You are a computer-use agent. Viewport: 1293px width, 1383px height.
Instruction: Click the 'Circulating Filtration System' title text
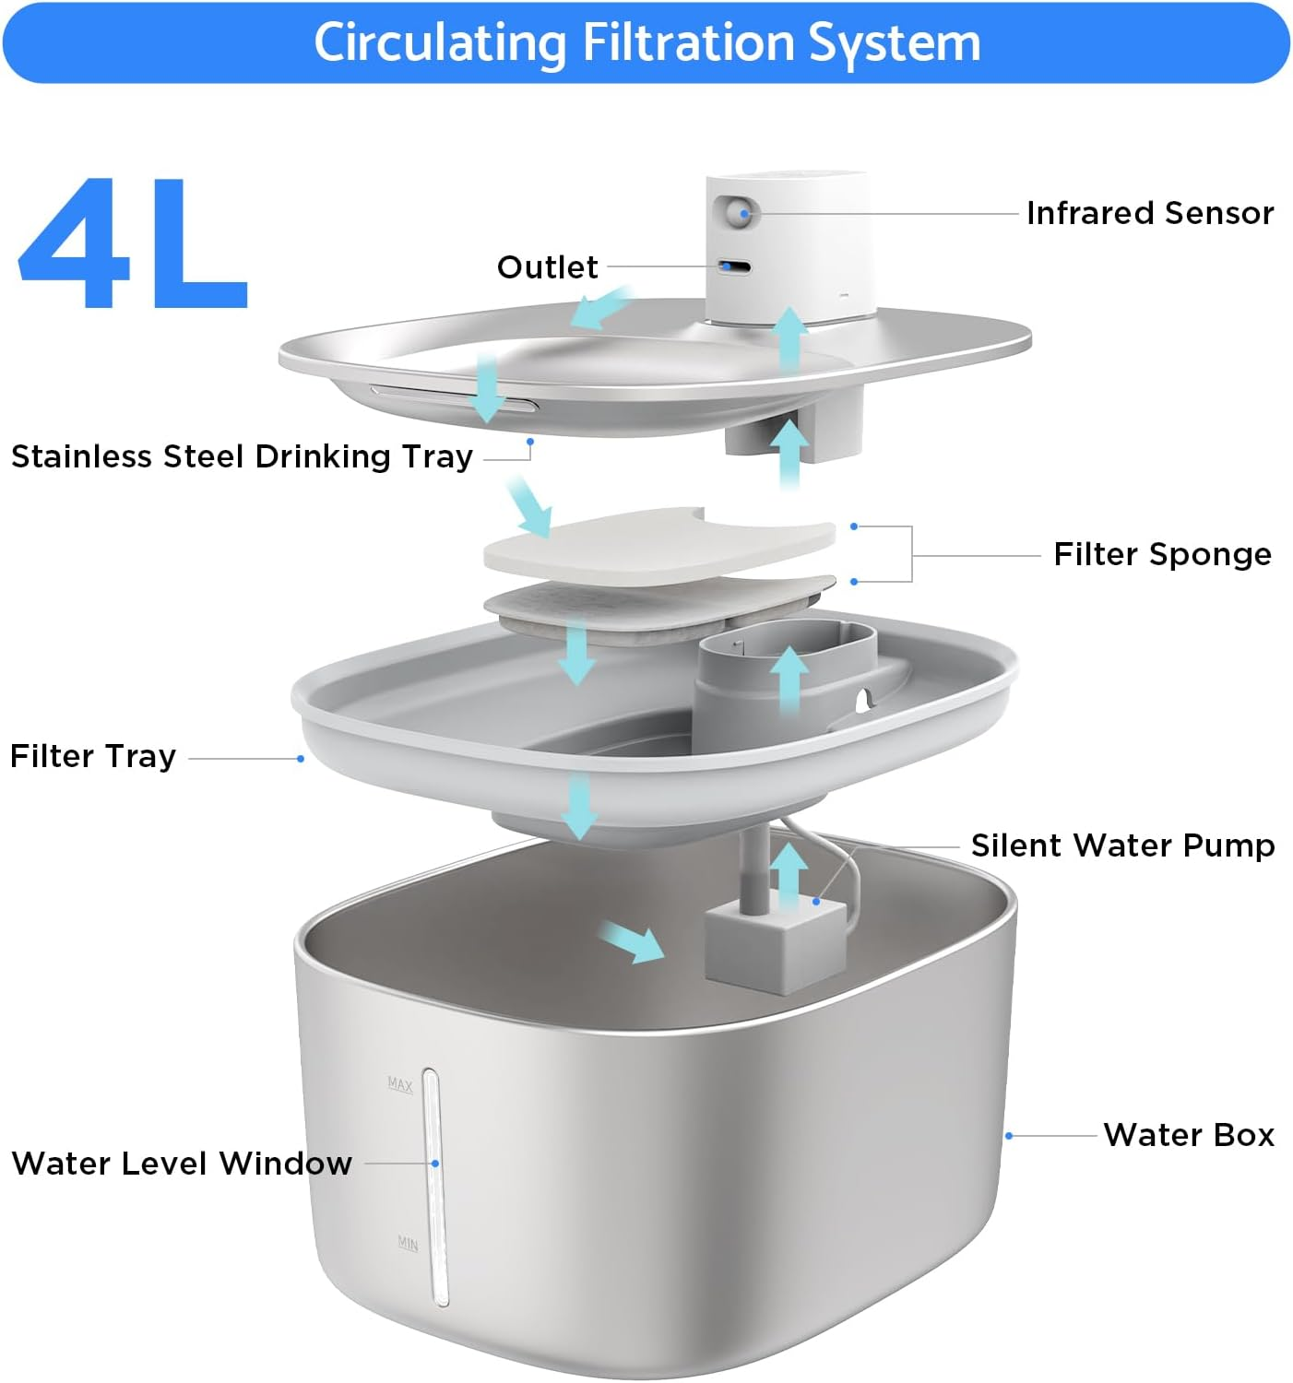[x=646, y=42]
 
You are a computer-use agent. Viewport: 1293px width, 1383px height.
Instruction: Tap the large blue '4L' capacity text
[x=134, y=244]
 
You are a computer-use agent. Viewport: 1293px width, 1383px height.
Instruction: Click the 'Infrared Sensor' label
[x=1149, y=213]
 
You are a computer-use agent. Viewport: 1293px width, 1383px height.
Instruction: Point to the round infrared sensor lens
[x=738, y=214]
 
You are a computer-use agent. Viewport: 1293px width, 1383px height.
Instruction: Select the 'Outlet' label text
[x=547, y=267]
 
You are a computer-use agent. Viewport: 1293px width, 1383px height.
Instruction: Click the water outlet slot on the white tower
[x=735, y=267]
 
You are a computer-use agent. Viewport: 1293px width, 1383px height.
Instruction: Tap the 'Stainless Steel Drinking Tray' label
[x=242, y=456]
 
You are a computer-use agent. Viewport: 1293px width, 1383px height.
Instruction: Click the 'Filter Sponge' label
[x=1162, y=554]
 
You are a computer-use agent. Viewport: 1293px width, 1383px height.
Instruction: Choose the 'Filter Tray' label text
[x=92, y=756]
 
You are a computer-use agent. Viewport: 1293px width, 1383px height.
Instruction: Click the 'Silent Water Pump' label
[x=1122, y=845]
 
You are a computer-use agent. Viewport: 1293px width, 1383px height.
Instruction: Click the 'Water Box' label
[x=1188, y=1135]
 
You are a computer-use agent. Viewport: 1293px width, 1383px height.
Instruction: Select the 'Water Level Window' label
[x=182, y=1164]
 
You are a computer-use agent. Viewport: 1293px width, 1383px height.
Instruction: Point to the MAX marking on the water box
[x=400, y=1084]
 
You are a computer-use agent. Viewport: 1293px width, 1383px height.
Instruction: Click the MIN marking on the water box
[x=408, y=1244]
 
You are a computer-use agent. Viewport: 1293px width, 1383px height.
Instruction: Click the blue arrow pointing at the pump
[x=632, y=943]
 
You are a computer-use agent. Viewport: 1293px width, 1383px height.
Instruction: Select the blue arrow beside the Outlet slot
[x=599, y=308]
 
